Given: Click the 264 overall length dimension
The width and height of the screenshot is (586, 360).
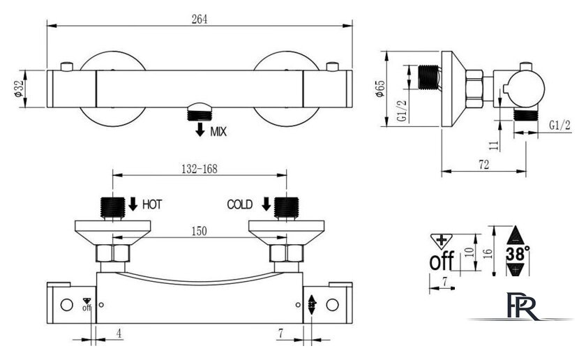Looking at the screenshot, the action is click(x=200, y=19).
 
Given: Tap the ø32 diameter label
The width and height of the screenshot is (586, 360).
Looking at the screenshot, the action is click(x=18, y=89).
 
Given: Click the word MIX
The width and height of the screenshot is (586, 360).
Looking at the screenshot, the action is click(x=218, y=132).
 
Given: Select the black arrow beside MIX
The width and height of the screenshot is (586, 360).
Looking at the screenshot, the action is click(x=200, y=129).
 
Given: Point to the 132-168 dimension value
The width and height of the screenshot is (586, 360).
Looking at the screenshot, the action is click(x=200, y=169).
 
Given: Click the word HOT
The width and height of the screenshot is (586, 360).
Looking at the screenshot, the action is click(x=152, y=204).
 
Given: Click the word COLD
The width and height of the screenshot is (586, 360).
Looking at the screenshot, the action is click(x=240, y=204).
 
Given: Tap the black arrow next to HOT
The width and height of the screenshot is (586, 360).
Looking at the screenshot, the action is click(x=133, y=204).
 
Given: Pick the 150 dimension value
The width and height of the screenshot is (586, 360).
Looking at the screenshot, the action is click(x=200, y=231).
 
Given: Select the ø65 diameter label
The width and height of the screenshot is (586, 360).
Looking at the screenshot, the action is click(x=380, y=89).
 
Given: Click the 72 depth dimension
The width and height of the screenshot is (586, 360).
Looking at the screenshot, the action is click(x=483, y=164).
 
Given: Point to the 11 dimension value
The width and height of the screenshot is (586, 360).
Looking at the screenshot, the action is click(x=494, y=145).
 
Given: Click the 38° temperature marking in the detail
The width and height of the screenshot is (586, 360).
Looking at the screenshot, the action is click(x=518, y=254).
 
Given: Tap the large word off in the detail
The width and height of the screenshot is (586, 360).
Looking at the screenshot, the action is click(x=442, y=261).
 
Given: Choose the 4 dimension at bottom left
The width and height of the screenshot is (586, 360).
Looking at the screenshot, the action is click(x=119, y=333).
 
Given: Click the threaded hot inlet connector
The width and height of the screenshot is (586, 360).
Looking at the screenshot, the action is click(x=112, y=207).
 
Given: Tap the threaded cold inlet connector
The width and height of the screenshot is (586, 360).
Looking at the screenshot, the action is click(x=287, y=207).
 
